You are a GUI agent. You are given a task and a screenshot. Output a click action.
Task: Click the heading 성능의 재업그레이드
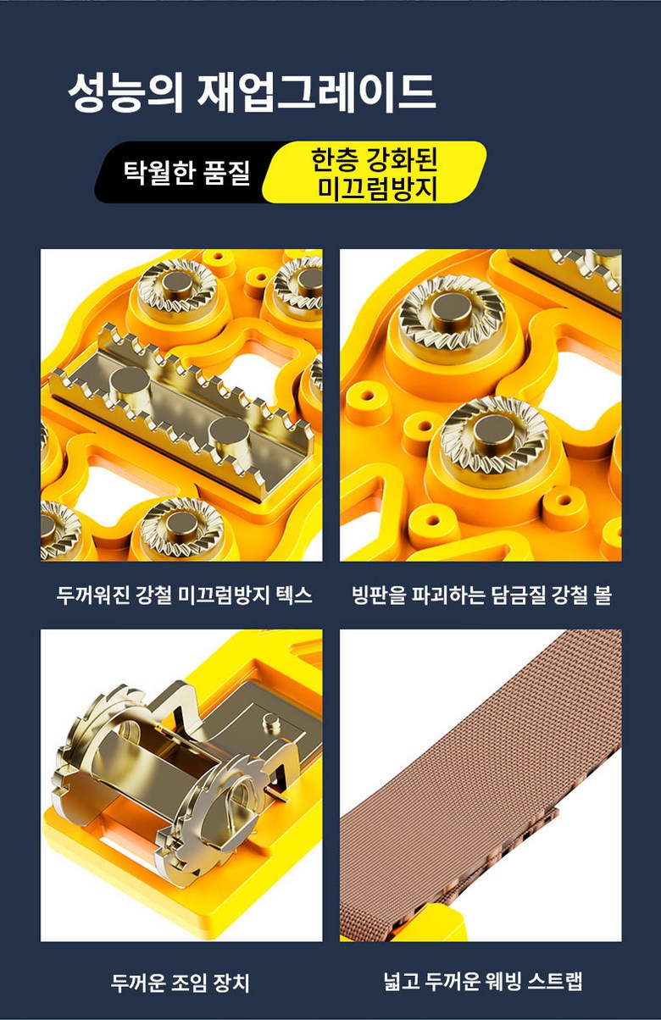coord(252,93)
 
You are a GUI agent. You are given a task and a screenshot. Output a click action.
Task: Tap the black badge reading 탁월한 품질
coord(185,172)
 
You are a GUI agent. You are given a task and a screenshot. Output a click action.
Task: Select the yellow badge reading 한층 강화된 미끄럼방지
coord(375,172)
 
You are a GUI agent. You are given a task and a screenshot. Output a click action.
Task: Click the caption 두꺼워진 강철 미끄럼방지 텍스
coord(184,595)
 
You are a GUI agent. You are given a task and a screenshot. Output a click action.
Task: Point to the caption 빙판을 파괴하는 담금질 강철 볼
coord(481,595)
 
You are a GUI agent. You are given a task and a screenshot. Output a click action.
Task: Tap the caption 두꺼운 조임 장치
coord(181,982)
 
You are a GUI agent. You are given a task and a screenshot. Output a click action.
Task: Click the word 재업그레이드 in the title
coord(316,93)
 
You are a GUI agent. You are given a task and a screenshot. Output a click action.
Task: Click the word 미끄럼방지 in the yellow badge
coord(377,188)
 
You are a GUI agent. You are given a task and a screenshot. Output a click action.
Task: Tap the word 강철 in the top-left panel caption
coord(153,595)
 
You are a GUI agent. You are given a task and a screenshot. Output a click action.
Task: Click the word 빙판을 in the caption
coord(378,595)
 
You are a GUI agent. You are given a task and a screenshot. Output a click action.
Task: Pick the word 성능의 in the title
coord(125,93)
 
